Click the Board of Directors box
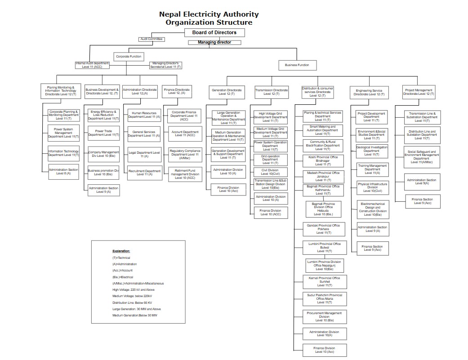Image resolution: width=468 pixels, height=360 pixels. tap(215, 32)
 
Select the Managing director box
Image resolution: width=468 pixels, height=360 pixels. tap(214, 42)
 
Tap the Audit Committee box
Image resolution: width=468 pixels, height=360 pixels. tap(152, 39)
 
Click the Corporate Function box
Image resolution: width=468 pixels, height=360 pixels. tap(129, 56)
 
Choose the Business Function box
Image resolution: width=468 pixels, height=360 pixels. tap(297, 65)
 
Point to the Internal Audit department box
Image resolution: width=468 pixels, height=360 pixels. tap(92, 65)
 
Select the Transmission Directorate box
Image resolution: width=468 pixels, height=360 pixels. tap(271, 92)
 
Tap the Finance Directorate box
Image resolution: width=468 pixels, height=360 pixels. tap(176, 91)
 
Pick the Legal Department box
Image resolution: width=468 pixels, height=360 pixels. tap(144, 154)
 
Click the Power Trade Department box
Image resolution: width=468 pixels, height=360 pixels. tap(103, 133)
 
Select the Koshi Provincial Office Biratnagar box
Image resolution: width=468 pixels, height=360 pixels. tap(323, 160)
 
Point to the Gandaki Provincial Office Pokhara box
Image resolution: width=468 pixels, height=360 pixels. tap(323, 229)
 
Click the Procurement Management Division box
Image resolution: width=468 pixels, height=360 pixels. tap(324, 316)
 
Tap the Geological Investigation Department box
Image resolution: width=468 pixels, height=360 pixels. tap(371, 151)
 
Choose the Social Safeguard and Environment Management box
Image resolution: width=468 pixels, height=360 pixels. tap(422, 155)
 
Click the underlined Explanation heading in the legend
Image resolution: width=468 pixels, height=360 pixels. tap(121, 251)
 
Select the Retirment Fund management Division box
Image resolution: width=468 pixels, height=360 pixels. tap(184, 174)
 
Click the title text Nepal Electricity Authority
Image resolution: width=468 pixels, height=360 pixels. tap(209, 14)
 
